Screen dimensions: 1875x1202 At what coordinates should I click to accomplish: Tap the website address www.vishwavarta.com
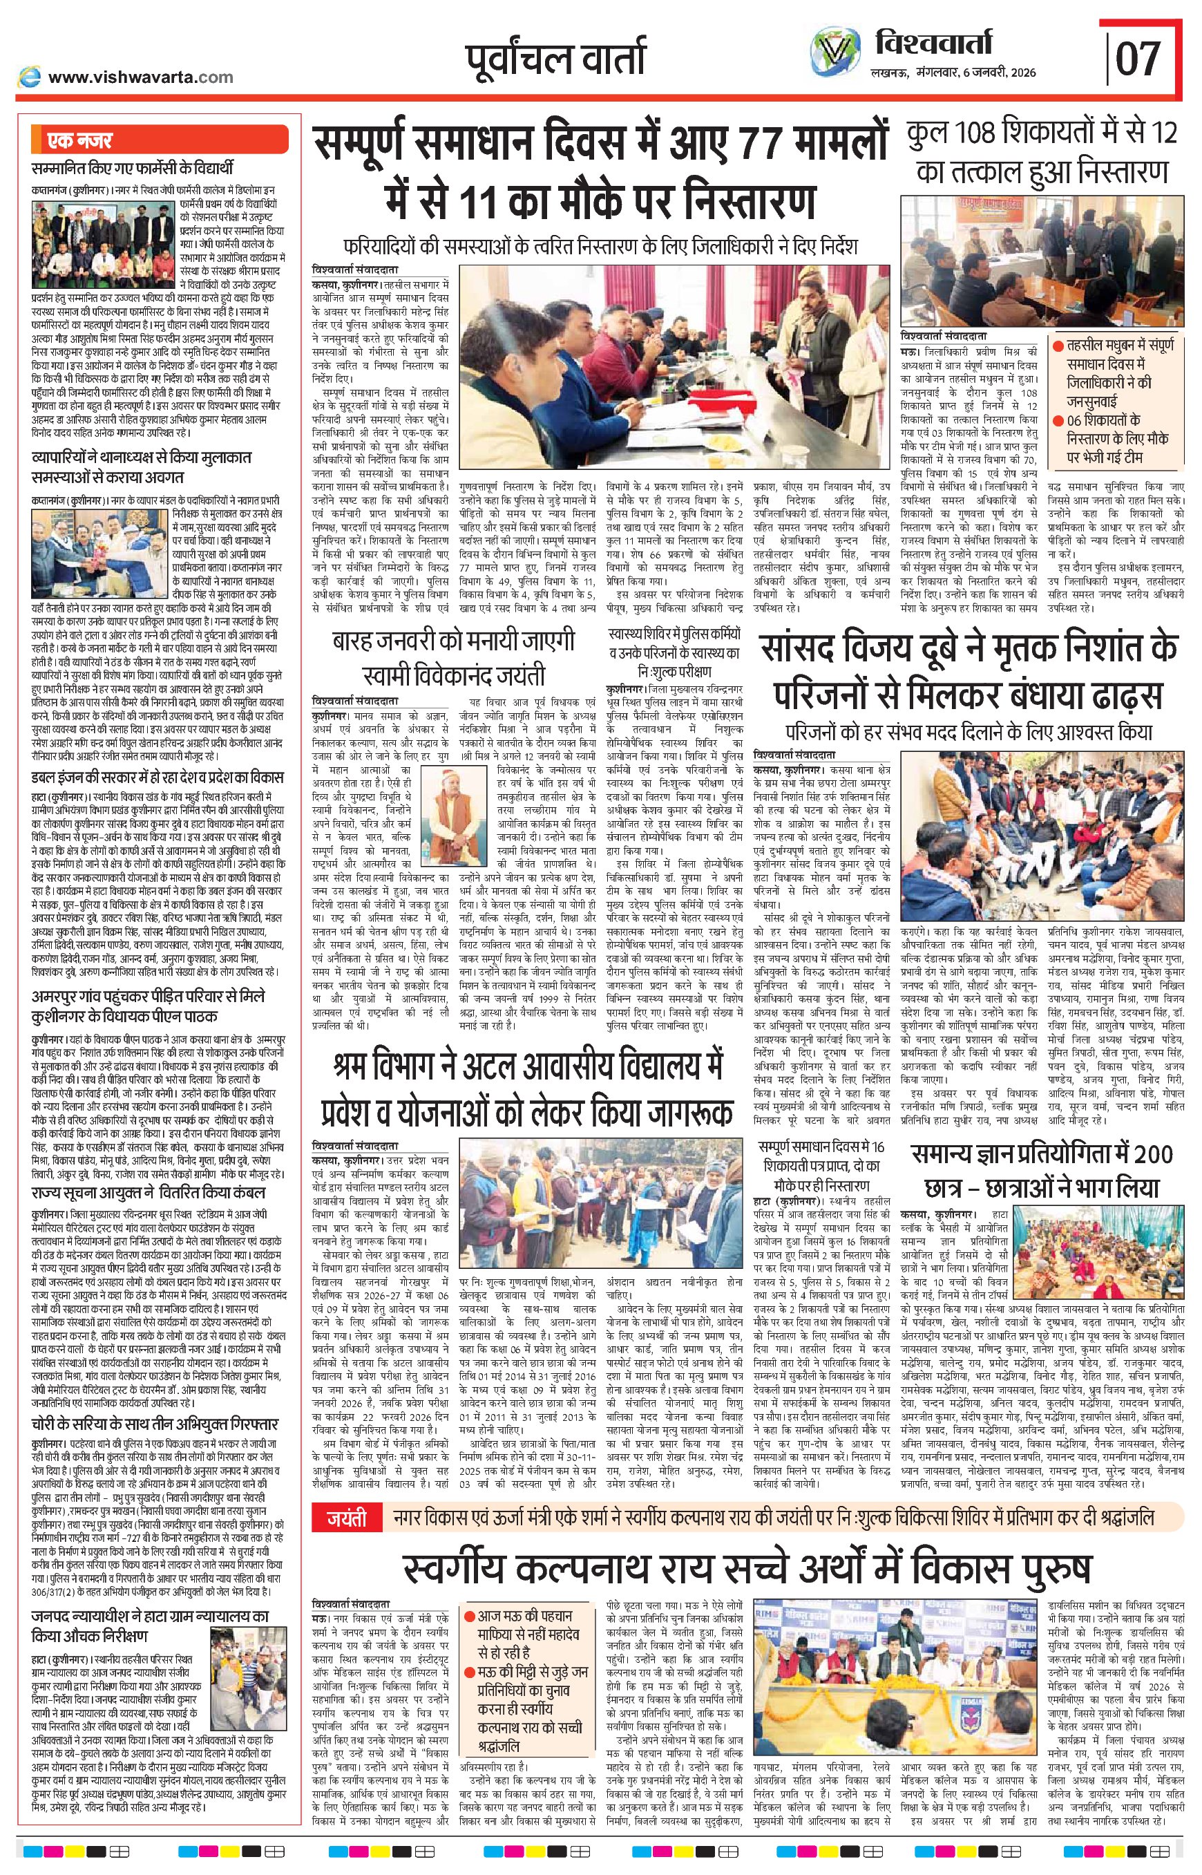click(x=140, y=77)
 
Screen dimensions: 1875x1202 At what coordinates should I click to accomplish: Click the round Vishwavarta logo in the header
click(x=834, y=55)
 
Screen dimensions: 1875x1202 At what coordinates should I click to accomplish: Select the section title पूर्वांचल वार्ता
click(x=555, y=59)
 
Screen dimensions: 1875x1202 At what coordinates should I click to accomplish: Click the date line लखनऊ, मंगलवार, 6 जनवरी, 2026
click(x=952, y=73)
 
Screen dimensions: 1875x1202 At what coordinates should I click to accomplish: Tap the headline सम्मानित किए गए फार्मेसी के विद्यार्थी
click(x=132, y=168)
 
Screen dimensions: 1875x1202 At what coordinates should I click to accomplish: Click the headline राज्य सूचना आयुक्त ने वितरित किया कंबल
click(x=149, y=1194)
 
